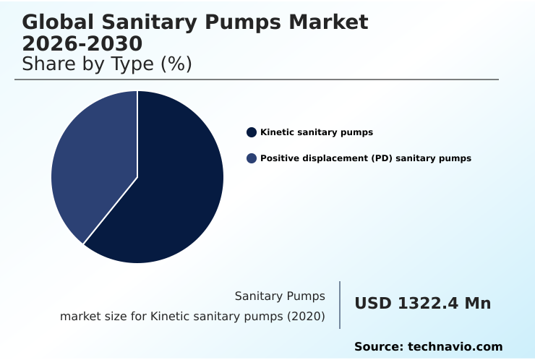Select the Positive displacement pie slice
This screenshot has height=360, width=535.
pos(90,166)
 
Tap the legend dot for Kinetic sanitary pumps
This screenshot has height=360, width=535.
pos(252,132)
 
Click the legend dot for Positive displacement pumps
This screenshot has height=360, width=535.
pos(252,158)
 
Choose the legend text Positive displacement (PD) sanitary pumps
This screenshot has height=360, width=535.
pos(366,158)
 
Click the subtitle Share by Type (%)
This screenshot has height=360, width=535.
pos(107,64)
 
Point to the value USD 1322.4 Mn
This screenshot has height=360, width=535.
pos(422,304)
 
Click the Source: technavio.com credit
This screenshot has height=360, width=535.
pos(428,347)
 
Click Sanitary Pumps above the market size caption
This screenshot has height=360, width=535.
pos(280,296)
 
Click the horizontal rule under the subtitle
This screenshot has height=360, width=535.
pos(257,80)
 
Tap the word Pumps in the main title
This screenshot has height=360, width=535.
pos(245,22)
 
